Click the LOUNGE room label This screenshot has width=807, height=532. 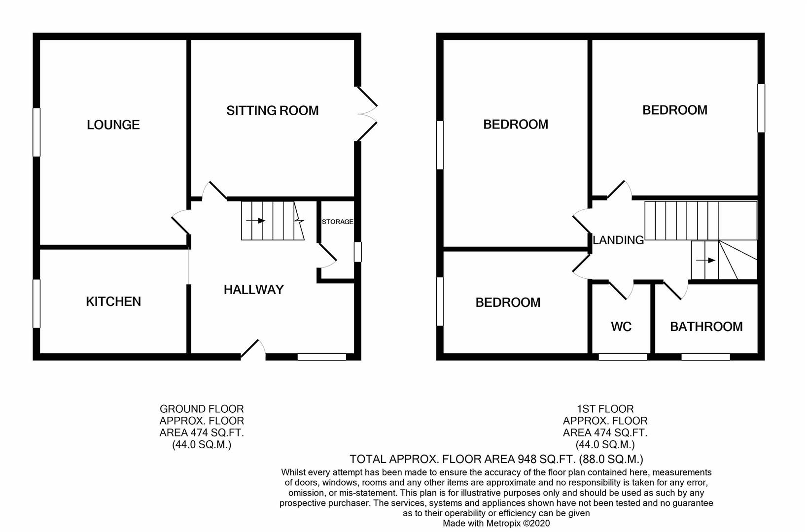pos(113,125)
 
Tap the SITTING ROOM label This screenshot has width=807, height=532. pos(272,111)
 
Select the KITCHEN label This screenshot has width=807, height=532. pos(113,301)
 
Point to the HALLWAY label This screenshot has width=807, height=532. pos(253,290)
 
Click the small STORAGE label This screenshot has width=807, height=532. pos(337,222)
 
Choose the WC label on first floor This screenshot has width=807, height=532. pos(621,327)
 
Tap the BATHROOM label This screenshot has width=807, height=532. pos(706,327)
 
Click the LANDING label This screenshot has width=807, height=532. pos(618,240)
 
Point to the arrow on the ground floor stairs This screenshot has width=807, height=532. pos(258,221)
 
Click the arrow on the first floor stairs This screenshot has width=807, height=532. pos(708,260)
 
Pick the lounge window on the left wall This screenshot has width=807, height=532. pos(36,132)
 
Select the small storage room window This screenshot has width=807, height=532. pos(358,252)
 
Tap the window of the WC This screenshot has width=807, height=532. pos(623,357)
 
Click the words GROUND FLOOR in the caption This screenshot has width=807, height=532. pos(201,409)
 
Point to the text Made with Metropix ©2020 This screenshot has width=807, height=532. pos(496,524)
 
